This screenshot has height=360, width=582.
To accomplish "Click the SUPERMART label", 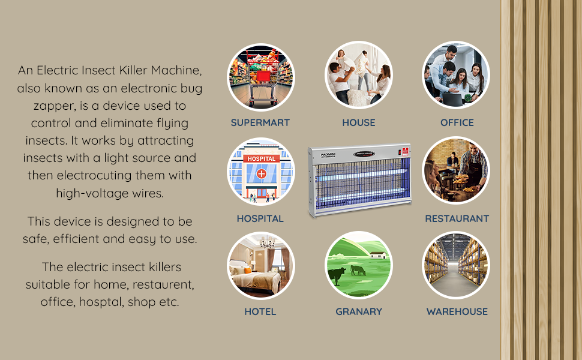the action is click(260, 122).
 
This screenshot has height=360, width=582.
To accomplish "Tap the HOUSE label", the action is click(359, 122).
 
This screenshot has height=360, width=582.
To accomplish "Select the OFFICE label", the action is click(457, 122).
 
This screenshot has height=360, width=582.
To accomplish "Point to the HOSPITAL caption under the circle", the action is click(260, 218).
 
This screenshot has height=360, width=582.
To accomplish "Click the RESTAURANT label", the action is click(457, 218).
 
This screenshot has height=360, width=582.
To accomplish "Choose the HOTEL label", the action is click(260, 312).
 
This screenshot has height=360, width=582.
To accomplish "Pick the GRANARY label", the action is click(359, 312).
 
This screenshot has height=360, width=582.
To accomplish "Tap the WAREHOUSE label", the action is click(457, 312).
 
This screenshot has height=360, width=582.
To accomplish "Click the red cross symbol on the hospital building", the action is click(262, 173).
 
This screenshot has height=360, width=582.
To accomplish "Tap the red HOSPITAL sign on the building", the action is click(262, 159).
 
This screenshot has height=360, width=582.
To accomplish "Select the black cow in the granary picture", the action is click(337, 275).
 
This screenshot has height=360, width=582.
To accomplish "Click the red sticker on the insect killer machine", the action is click(406, 151).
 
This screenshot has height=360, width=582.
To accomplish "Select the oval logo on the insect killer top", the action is click(364, 154).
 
